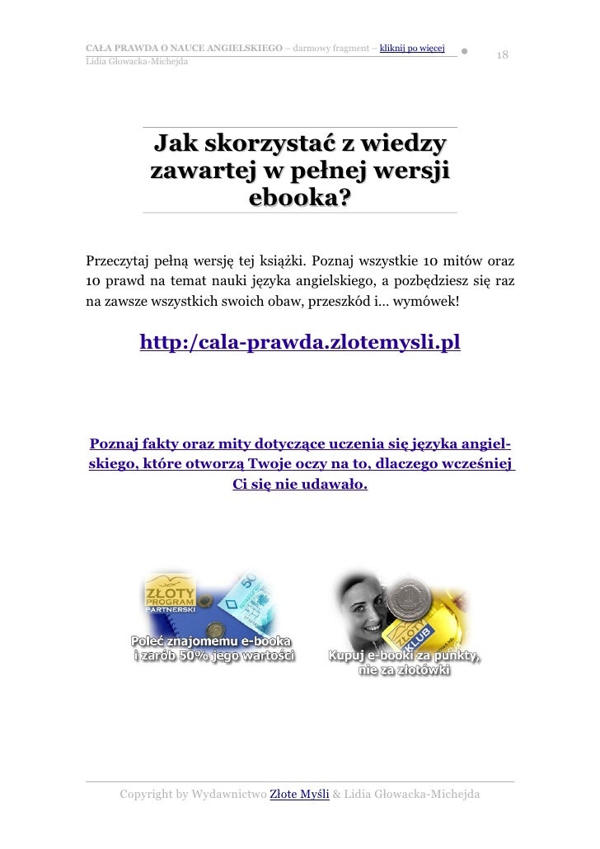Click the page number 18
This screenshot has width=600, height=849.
coord(503,54)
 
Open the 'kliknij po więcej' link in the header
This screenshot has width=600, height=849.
coord(412,47)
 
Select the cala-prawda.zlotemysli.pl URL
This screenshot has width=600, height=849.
coord(300,342)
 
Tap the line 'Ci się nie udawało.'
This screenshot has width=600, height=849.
coord(300,484)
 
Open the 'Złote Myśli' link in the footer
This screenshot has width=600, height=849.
coord(300,795)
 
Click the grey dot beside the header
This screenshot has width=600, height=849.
coord(466,51)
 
